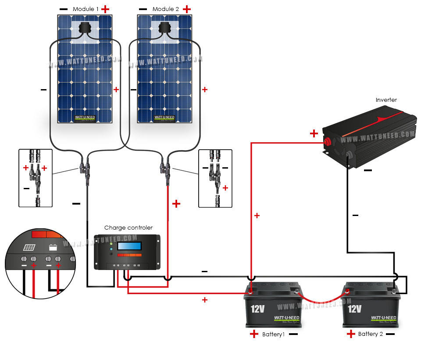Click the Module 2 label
point(164,9)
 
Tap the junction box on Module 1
point(84,28)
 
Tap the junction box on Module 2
point(164,28)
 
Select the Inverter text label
point(386,100)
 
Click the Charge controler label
point(128,228)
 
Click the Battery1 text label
point(274,335)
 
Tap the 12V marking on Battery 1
point(257,309)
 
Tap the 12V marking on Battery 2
point(354,309)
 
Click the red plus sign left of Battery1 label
point(254,334)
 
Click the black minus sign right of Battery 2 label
point(390,334)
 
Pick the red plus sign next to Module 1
point(105,9)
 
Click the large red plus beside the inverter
point(314,133)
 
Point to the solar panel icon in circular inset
point(29,247)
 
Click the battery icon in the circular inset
point(54,247)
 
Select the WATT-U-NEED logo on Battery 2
point(383,318)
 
